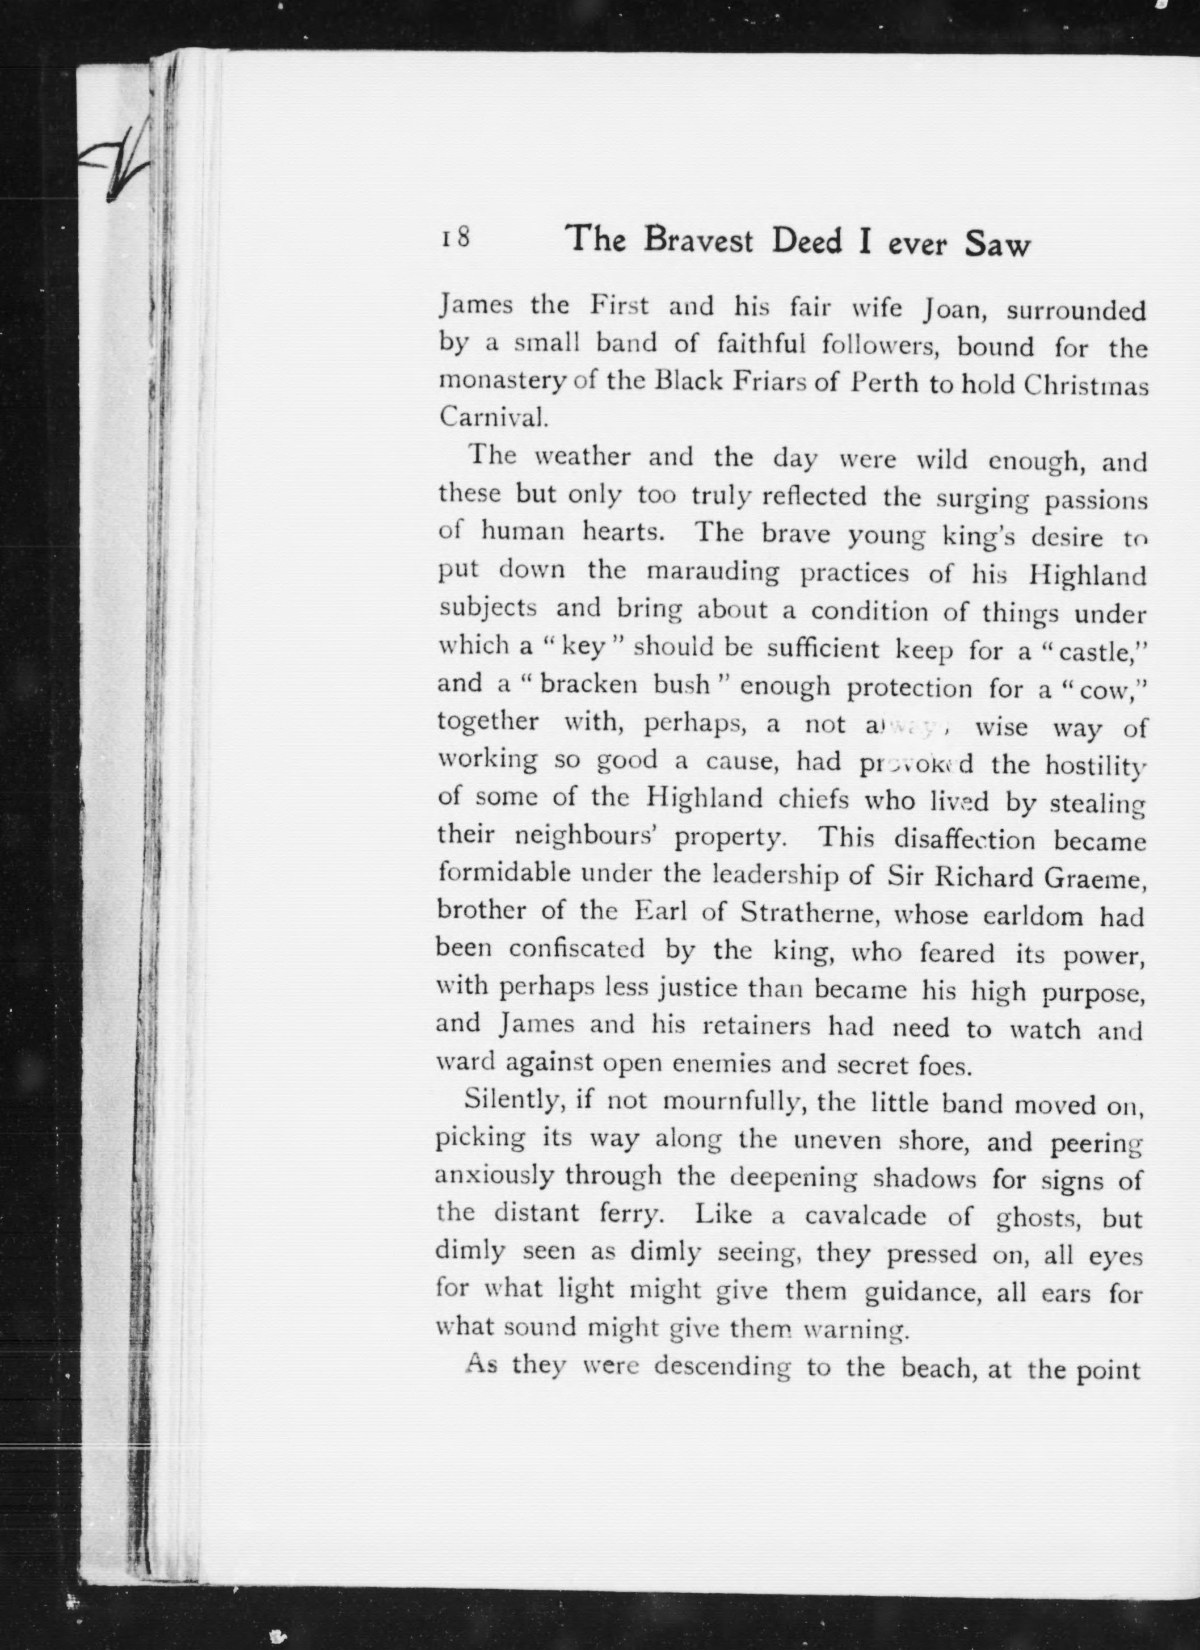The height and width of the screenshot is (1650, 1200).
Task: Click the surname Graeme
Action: pos(1094,880)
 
